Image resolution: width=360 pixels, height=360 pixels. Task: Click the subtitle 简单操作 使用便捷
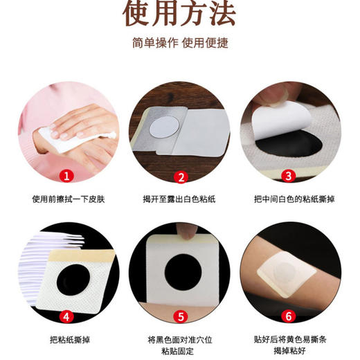coord(180,43)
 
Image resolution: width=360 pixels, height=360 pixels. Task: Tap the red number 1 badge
coord(66,176)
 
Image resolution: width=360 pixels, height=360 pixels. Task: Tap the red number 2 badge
coord(181,176)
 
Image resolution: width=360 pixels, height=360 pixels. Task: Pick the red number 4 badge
coord(66,318)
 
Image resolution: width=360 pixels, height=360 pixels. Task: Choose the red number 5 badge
coord(181,318)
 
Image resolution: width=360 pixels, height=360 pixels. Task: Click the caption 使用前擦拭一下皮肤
coord(66,199)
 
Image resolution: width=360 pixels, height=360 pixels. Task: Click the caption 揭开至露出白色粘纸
coord(180,199)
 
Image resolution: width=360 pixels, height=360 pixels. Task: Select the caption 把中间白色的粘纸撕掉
coord(291,199)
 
